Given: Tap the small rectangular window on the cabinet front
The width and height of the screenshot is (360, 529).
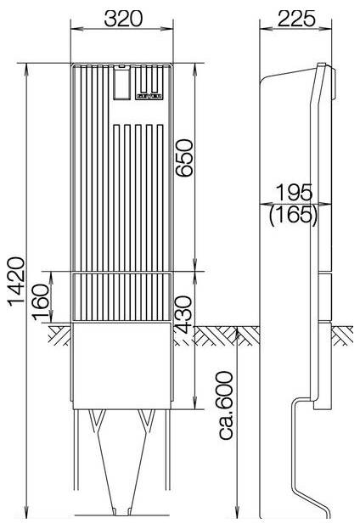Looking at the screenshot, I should [122, 84].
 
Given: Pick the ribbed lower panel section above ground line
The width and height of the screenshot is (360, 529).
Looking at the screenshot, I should [123, 297].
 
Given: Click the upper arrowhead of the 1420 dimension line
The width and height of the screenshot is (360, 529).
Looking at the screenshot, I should [29, 66].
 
